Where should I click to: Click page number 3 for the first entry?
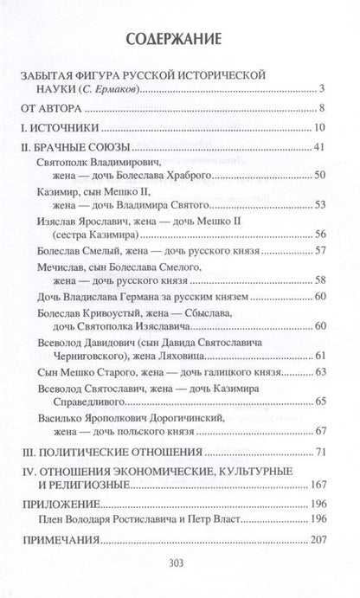[x=323, y=88]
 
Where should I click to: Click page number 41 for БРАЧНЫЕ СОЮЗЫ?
[x=319, y=149]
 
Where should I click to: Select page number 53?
[x=319, y=206]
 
